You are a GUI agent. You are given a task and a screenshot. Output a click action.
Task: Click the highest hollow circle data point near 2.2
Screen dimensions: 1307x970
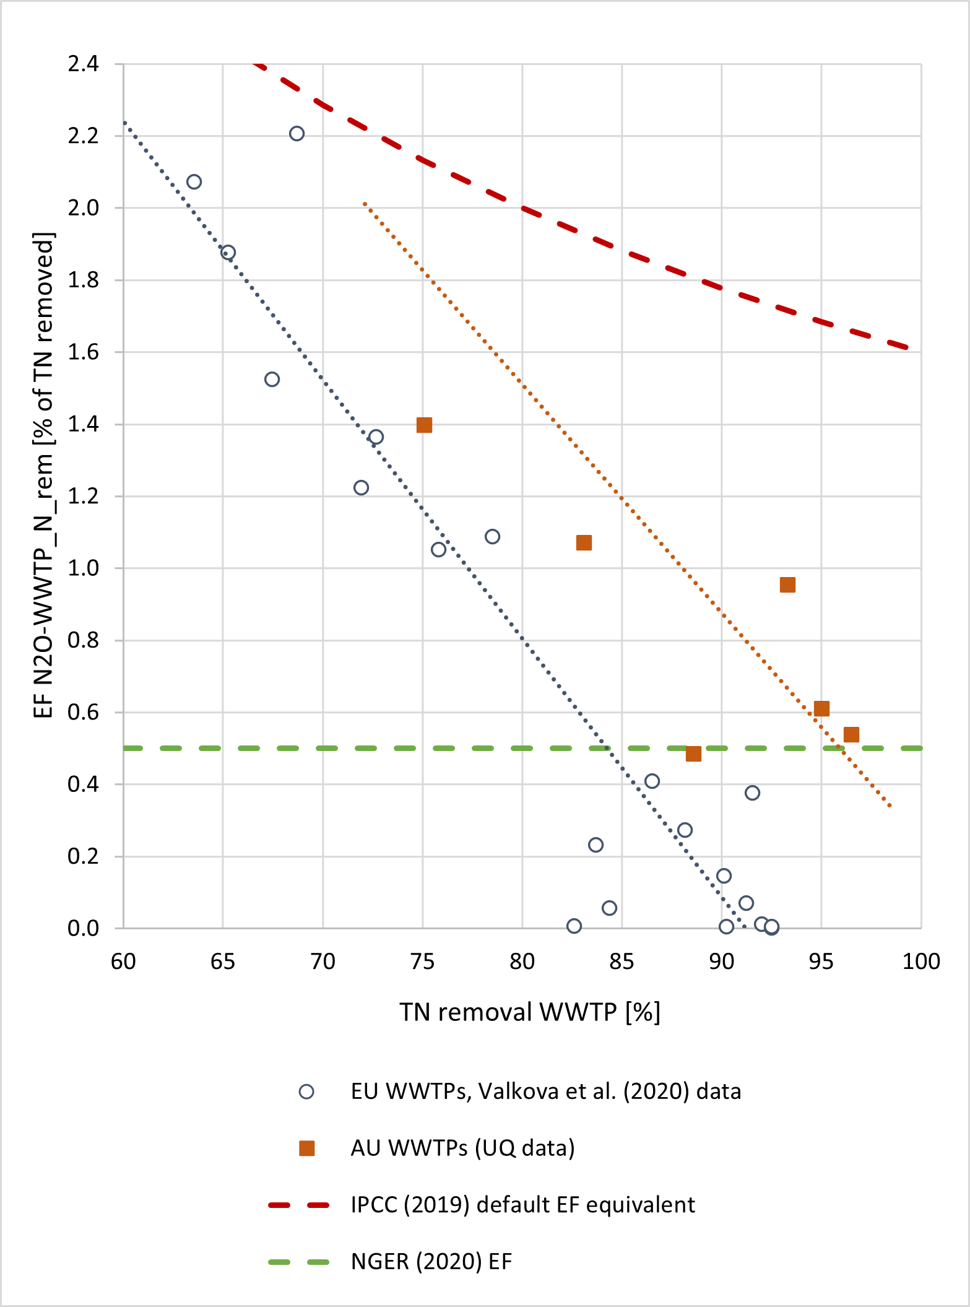click(x=297, y=134)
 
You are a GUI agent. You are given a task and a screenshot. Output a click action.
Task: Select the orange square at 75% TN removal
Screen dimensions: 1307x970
click(x=424, y=425)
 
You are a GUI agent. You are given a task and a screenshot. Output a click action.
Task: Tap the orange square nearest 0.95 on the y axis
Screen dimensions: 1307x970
click(x=787, y=585)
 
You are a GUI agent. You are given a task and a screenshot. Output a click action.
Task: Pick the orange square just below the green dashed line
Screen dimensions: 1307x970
click(x=693, y=753)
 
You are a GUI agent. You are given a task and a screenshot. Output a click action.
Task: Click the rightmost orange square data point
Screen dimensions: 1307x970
click(x=851, y=735)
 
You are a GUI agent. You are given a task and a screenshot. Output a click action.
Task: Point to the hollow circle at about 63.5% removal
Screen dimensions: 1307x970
click(x=194, y=181)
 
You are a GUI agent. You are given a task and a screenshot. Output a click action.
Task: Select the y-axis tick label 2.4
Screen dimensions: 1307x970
click(x=84, y=64)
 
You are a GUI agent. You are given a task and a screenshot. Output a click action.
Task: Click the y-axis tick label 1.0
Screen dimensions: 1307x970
click(x=84, y=568)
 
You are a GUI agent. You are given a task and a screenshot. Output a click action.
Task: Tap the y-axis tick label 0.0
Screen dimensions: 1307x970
click(x=84, y=928)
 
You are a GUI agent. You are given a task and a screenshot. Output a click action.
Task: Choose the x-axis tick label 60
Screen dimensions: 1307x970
click(x=123, y=962)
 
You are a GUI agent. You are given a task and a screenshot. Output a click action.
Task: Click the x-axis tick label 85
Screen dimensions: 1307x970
click(x=622, y=962)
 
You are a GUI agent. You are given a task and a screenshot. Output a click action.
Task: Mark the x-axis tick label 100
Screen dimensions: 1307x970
click(x=921, y=962)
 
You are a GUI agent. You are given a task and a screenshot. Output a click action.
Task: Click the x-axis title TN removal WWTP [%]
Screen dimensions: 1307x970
click(x=530, y=1012)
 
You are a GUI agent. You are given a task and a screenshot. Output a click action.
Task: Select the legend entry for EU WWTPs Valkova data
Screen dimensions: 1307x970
click(x=545, y=1091)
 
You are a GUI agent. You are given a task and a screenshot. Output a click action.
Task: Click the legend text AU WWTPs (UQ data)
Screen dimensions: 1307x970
click(x=462, y=1148)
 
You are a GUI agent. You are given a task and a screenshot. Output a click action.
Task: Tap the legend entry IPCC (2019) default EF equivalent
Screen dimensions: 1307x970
click(x=522, y=1205)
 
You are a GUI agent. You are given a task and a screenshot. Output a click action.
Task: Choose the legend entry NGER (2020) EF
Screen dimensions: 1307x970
click(x=431, y=1261)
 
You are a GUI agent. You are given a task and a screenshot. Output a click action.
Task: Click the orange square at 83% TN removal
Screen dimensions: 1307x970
click(x=584, y=543)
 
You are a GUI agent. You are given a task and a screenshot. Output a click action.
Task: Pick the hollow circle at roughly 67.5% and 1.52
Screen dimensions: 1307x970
click(x=272, y=380)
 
